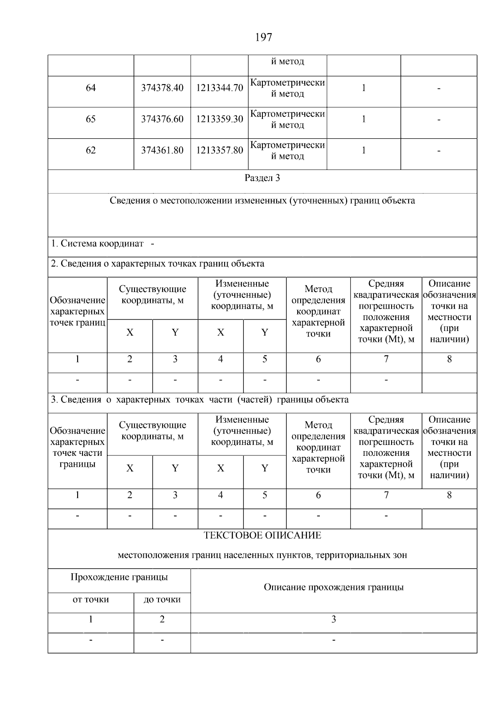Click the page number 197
[x=264, y=38]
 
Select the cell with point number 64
[x=91, y=88]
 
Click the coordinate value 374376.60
[x=162, y=119]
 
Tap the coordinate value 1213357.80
[x=220, y=150]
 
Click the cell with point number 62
[x=91, y=150]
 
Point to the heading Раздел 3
[x=262, y=178]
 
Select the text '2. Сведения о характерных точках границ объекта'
[x=158, y=264]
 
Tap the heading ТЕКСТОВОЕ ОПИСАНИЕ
[x=262, y=535]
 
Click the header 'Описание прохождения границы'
[x=334, y=587]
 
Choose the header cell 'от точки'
[x=91, y=600]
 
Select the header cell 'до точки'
[x=162, y=600]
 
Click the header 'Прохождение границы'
[x=119, y=577]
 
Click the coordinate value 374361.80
[x=162, y=150]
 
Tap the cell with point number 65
[x=91, y=119]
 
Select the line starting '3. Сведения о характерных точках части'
[x=200, y=400]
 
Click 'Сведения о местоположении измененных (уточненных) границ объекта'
[x=262, y=201]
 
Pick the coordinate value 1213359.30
[x=220, y=119]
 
